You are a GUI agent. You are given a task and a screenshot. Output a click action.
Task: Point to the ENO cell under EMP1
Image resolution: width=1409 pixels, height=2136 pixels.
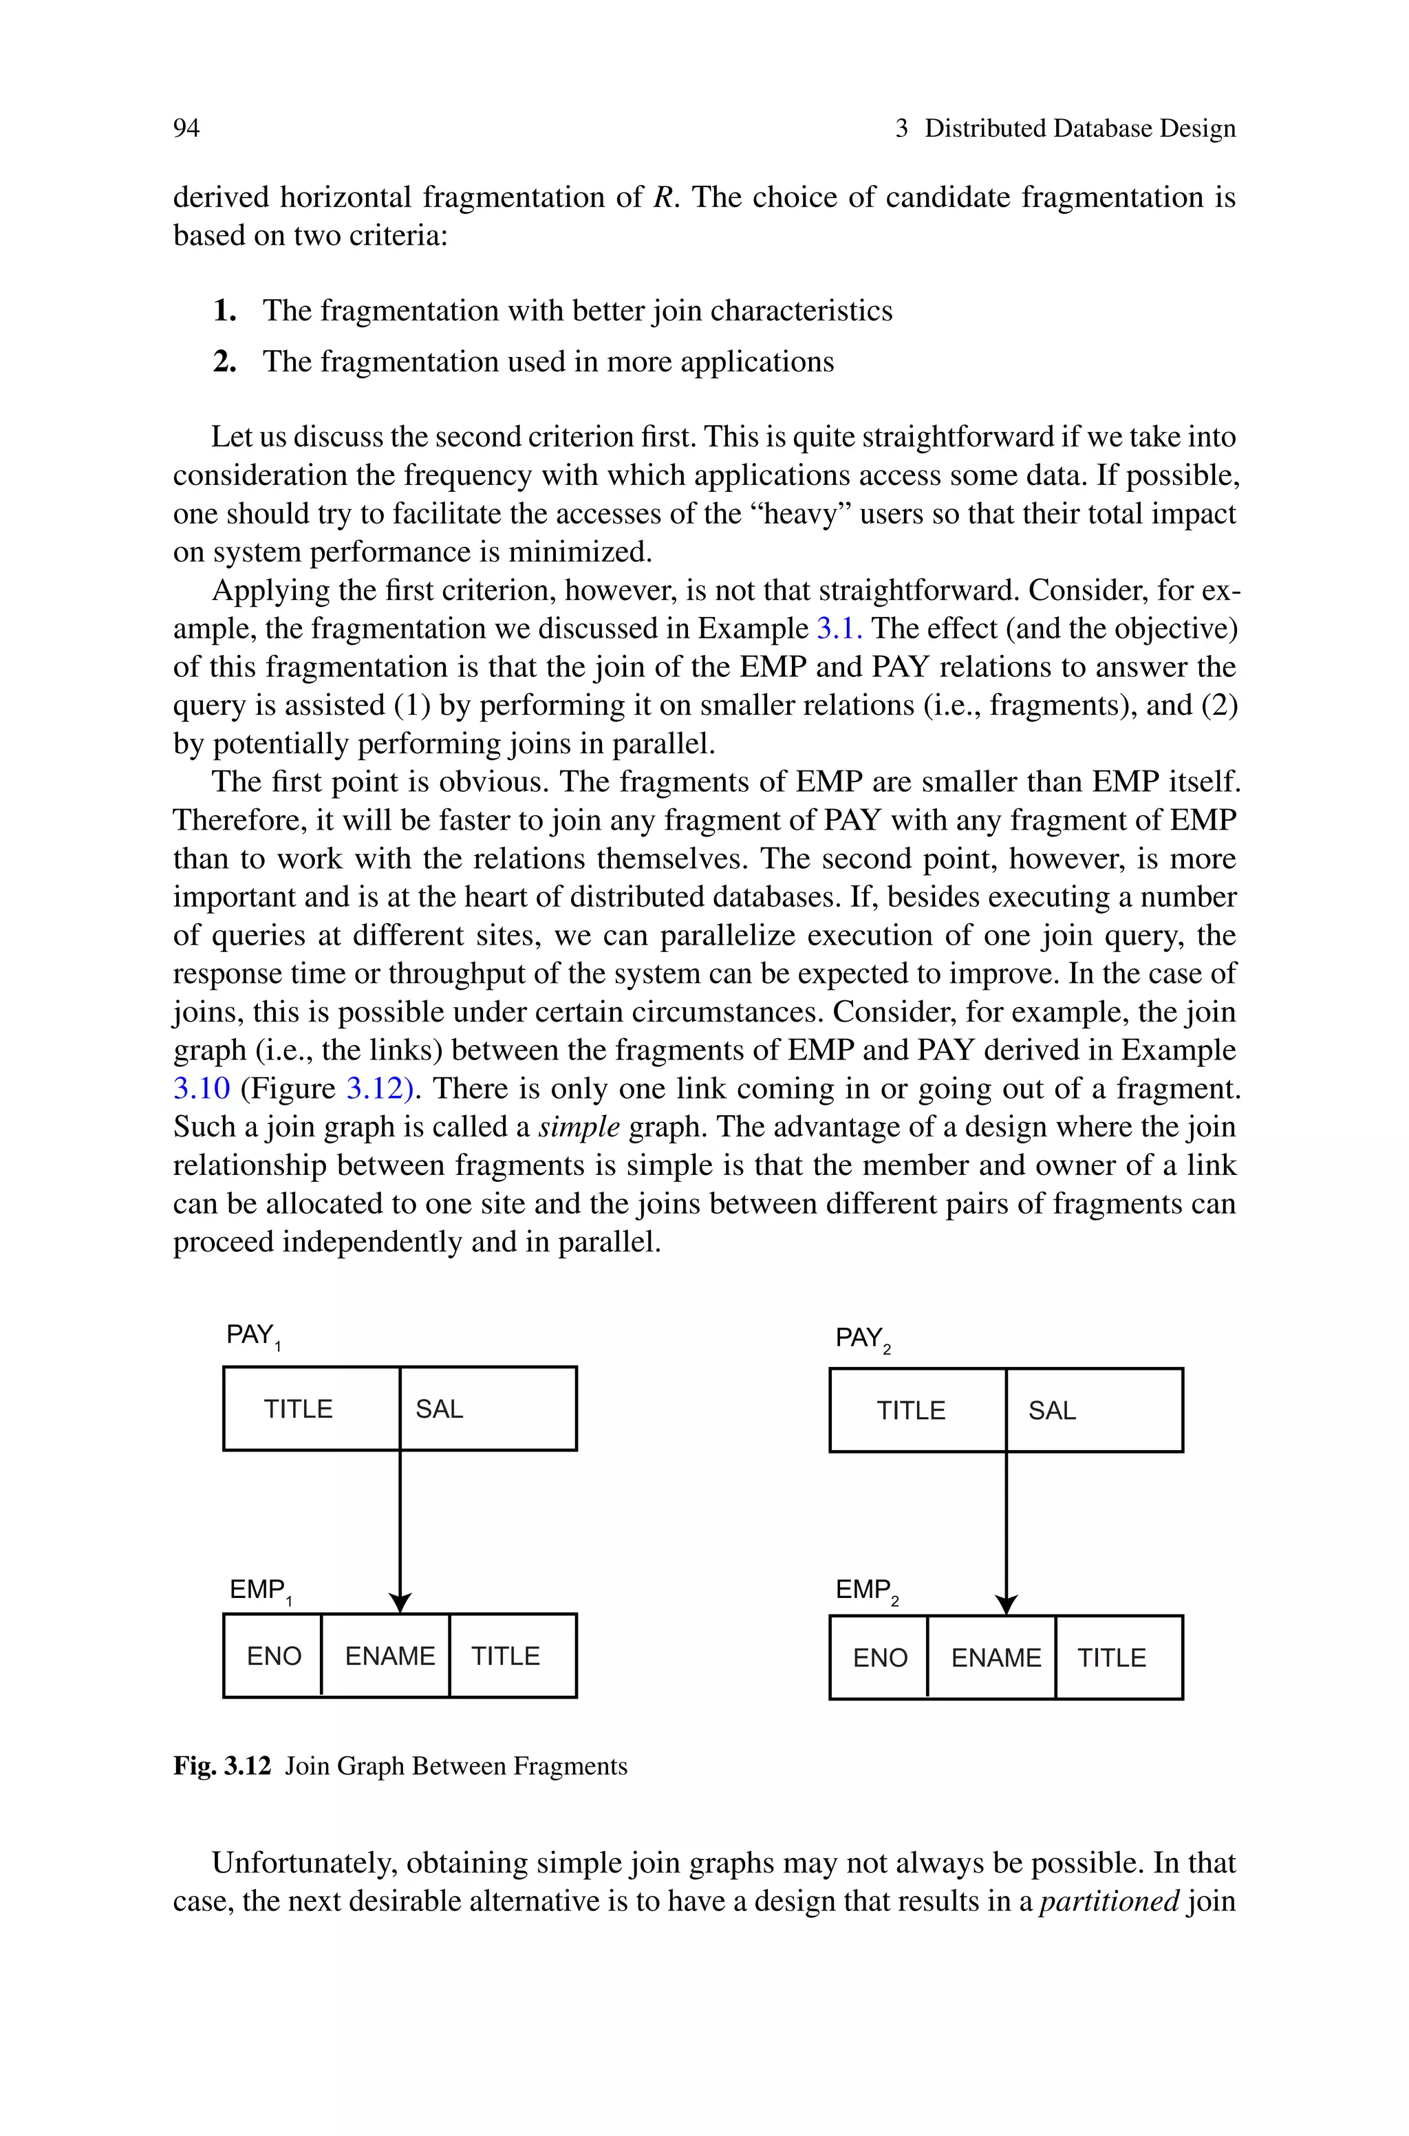coord(273,1655)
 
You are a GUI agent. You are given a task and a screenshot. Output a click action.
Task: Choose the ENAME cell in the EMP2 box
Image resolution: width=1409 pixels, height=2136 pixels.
coord(995,1657)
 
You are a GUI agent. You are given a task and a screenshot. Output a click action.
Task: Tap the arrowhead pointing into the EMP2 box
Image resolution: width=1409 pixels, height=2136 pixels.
coord(1007,1605)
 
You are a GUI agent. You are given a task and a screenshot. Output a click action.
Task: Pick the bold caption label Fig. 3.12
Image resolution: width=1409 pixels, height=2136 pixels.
coord(222,1767)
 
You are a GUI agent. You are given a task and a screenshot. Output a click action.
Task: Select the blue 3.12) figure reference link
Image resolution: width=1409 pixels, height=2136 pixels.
coord(379,1089)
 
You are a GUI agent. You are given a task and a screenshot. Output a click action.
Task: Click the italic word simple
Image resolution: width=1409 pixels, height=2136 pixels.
coord(579,1126)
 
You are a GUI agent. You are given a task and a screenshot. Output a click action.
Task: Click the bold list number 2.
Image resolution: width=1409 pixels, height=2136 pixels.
coord(224,362)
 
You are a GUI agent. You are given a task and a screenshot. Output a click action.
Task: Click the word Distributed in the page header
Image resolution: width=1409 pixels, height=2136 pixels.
coord(986,129)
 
